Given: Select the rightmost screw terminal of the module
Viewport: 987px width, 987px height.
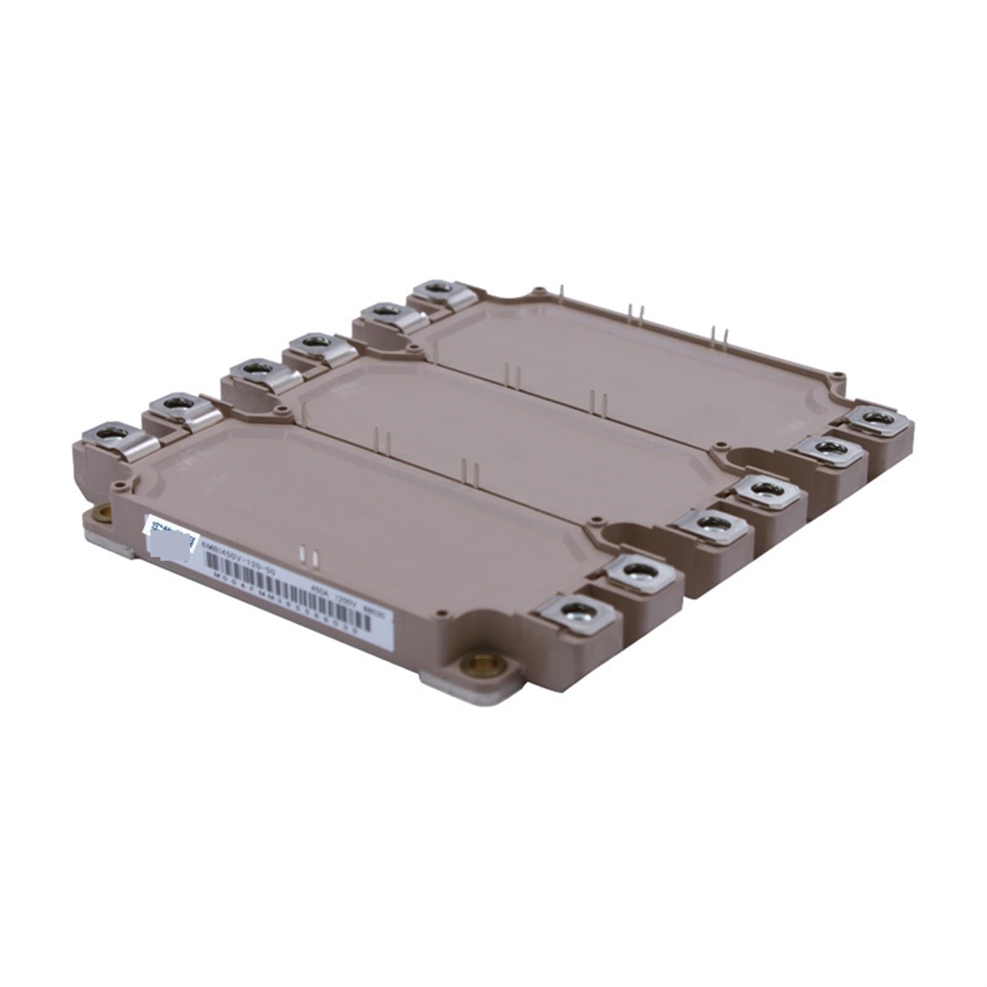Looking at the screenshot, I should point(875,418).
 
